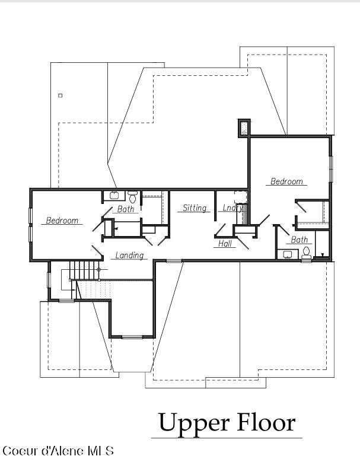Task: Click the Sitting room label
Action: click(x=195, y=208)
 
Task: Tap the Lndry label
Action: click(x=232, y=208)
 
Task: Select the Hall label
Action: click(x=225, y=243)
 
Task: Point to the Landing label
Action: click(x=129, y=255)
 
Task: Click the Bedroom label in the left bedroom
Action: click(x=62, y=221)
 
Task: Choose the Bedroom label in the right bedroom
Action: click(x=286, y=181)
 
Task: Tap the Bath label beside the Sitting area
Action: click(x=126, y=209)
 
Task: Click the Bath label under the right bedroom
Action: click(x=299, y=240)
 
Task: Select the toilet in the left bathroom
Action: click(x=132, y=196)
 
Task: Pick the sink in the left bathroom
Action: click(x=114, y=196)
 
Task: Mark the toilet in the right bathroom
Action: click(x=307, y=253)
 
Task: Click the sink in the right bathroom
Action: click(x=288, y=254)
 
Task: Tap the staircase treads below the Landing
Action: click(x=84, y=270)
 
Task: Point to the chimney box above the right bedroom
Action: click(x=244, y=128)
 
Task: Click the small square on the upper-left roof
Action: click(x=60, y=95)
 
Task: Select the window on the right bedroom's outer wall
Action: click(x=331, y=169)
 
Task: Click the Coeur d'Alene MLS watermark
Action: click(x=58, y=451)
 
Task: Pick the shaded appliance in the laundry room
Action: click(x=245, y=214)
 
